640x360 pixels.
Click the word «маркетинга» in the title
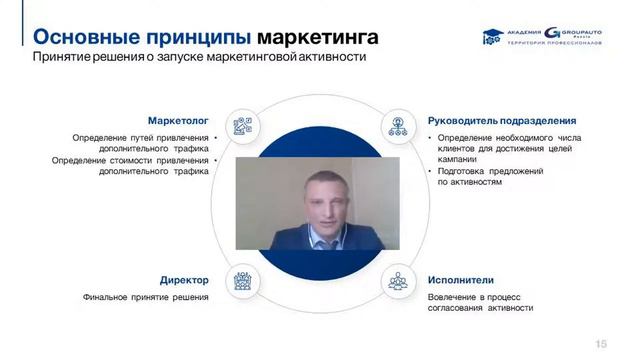(x=317, y=38)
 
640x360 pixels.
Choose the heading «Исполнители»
(x=461, y=280)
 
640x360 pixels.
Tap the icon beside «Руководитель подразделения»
(x=397, y=126)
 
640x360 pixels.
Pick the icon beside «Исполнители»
(x=397, y=281)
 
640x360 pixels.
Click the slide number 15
(x=601, y=342)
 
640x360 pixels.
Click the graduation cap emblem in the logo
(x=492, y=40)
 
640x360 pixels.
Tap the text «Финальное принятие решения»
(x=146, y=297)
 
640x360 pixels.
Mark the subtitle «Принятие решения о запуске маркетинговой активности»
(x=198, y=58)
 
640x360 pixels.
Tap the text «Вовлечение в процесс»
(x=475, y=297)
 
